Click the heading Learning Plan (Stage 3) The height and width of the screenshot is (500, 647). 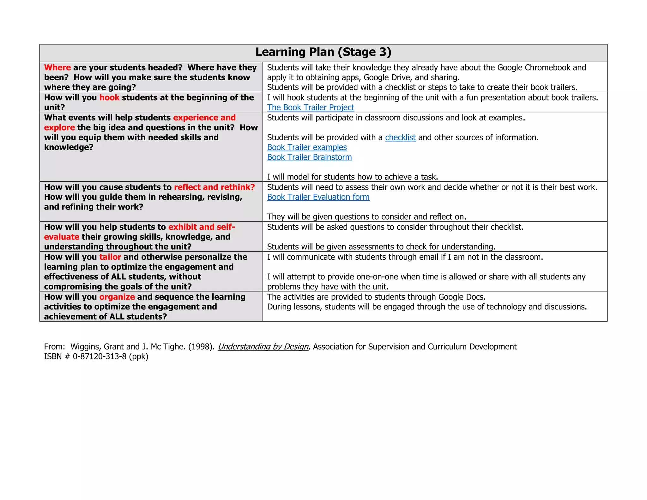(323, 52)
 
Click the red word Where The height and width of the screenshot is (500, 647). (57, 68)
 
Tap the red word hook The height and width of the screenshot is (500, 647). (109, 98)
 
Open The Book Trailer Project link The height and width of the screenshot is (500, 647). (310, 107)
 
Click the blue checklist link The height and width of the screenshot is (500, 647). (400, 137)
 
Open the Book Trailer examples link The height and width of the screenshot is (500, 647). (307, 147)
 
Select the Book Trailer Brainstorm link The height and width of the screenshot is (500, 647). (309, 157)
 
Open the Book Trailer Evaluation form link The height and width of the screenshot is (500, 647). (318, 197)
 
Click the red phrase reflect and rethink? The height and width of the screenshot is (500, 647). (214, 187)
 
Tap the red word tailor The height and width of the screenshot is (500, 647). (110, 257)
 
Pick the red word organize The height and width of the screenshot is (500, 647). (117, 297)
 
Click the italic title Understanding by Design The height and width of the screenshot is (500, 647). (263, 347)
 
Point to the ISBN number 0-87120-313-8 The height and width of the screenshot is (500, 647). (100, 357)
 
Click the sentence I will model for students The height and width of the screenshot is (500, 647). (352, 177)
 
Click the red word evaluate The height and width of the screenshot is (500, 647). (62, 237)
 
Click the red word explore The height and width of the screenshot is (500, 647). (59, 127)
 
